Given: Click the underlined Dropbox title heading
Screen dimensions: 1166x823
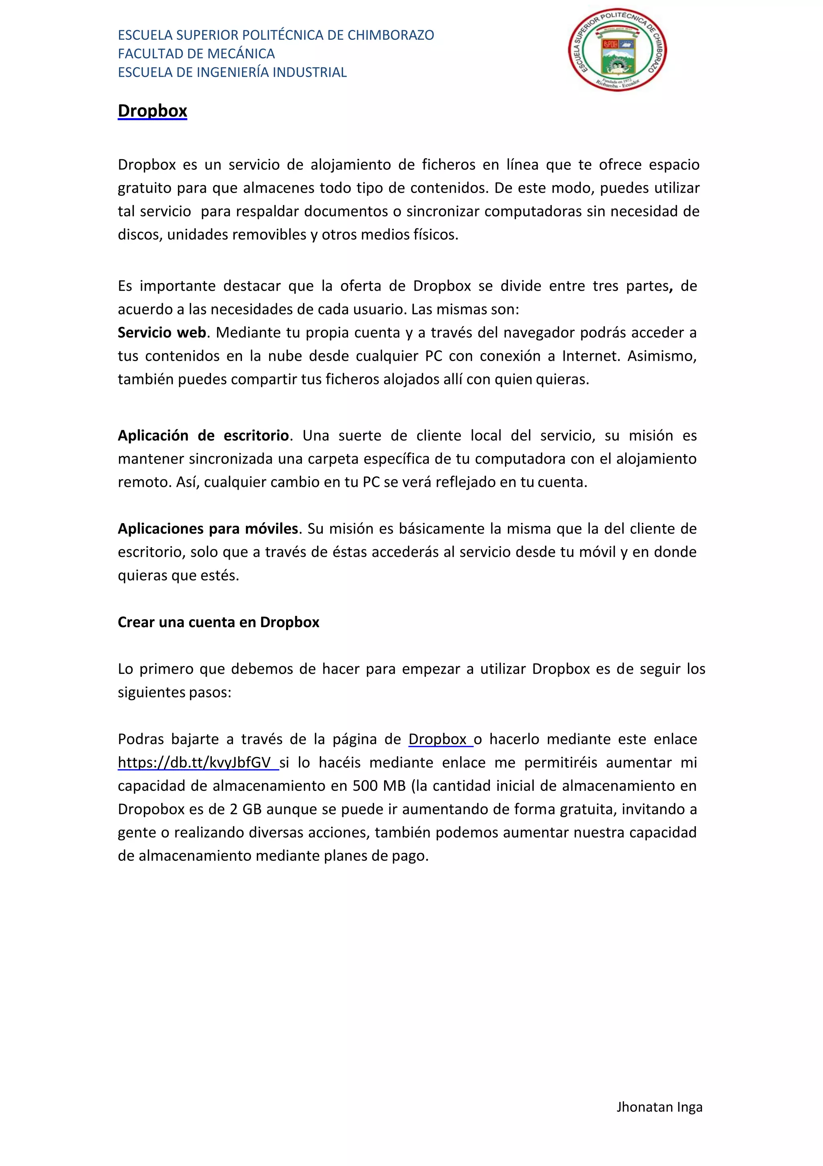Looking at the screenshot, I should coord(152,111).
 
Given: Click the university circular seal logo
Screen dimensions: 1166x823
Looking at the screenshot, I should coord(617,50).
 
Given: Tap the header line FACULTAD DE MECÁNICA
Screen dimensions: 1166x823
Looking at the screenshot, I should coord(196,53).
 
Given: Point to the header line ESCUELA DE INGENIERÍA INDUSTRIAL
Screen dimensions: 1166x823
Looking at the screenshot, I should coord(232,72).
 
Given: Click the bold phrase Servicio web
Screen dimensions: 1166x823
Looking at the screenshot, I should coord(162,333).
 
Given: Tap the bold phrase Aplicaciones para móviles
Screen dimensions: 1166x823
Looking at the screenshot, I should coord(208,529).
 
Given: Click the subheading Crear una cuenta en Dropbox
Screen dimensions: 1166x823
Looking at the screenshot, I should coord(218,622).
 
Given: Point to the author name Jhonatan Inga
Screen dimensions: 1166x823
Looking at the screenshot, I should coord(659,1106).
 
